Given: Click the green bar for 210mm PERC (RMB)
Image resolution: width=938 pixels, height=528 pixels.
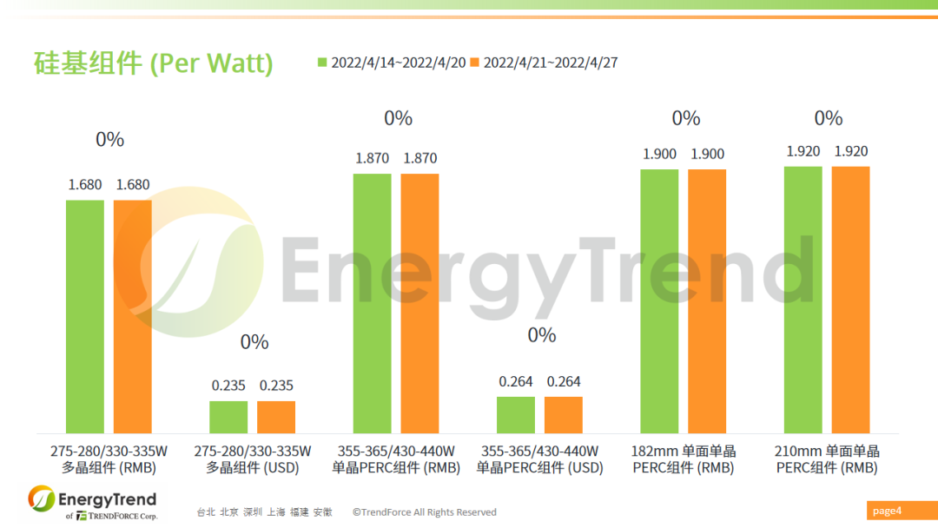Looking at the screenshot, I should [803, 300].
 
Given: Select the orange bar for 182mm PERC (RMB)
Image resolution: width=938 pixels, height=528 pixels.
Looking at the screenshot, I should [707, 301].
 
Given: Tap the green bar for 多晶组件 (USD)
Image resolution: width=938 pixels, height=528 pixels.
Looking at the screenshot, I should [228, 417].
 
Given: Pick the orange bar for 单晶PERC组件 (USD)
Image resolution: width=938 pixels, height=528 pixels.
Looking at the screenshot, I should [564, 415].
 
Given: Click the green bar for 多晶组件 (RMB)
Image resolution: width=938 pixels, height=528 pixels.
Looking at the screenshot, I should [85, 317].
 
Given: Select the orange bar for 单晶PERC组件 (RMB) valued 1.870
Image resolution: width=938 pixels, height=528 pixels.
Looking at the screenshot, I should [419, 303].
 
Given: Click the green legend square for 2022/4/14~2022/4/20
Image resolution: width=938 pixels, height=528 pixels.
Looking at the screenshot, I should [323, 63].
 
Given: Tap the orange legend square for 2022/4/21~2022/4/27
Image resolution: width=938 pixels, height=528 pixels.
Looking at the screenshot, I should [474, 63].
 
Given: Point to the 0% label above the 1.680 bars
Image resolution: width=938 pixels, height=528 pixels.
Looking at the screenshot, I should [110, 139].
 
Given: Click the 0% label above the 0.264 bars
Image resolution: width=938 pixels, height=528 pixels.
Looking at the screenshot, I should [541, 334].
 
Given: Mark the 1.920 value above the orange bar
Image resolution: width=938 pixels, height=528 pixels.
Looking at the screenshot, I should [850, 151].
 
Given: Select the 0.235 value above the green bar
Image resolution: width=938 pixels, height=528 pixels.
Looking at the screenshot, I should [228, 386].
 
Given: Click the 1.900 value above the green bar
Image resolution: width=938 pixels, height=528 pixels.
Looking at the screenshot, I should [659, 154].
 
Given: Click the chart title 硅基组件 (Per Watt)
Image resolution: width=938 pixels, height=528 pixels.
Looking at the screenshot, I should [153, 63].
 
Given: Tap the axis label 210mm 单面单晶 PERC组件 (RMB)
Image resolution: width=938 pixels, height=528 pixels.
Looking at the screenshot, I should [826, 459].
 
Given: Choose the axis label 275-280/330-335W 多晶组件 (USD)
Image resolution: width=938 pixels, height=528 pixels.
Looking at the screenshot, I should [252, 459].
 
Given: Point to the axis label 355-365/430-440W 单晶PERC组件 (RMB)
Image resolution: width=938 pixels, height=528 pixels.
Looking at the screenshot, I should [396, 459].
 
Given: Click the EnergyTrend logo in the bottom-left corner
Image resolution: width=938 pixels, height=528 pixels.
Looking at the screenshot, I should [92, 503].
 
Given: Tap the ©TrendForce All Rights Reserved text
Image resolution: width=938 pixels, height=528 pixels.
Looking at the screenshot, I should [425, 512].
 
